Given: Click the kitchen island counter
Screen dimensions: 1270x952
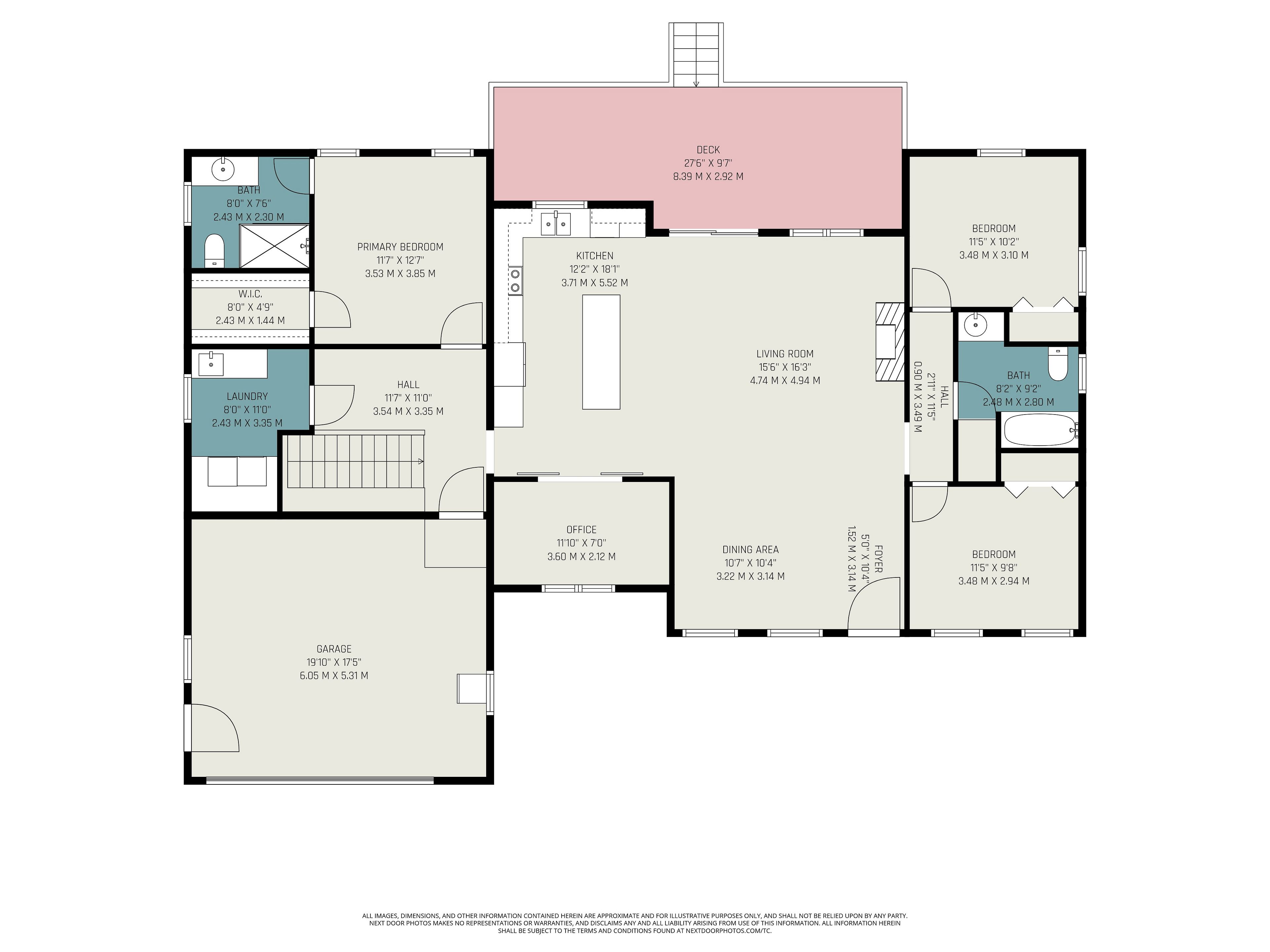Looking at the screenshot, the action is [601, 352].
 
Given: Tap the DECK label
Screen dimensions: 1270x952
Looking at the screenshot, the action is [708, 150].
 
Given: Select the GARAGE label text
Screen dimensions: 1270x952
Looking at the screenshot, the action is [334, 649].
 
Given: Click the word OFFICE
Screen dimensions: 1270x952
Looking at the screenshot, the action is [582, 530].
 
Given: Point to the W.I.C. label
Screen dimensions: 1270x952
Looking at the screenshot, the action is [250, 294].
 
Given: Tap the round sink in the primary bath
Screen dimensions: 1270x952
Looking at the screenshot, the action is [223, 170].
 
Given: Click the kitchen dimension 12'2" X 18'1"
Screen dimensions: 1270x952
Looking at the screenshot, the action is [595, 269].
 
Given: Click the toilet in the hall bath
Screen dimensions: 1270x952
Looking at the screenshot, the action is [1058, 364].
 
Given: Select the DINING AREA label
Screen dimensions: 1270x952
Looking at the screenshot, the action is [750, 550].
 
